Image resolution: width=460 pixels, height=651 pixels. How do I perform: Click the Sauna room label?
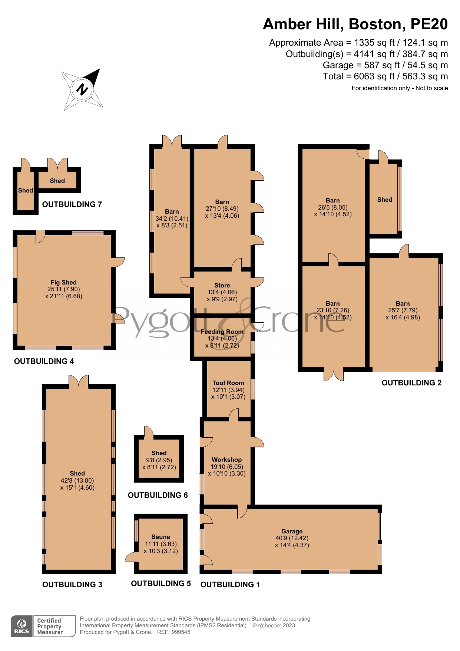(x=160, y=537)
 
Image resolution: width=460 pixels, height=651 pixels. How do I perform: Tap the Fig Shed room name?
(x=64, y=282)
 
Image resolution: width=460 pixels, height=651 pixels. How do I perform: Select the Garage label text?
(x=292, y=531)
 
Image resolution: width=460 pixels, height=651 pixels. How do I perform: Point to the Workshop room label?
(x=226, y=460)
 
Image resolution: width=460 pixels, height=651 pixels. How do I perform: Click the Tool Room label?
(x=228, y=383)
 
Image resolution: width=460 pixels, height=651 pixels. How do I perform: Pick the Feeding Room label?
(x=222, y=332)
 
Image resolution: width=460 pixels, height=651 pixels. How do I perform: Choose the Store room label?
(x=222, y=285)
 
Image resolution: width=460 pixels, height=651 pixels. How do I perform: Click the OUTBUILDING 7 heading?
(x=72, y=204)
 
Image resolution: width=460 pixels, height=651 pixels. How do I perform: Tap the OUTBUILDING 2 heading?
(x=411, y=383)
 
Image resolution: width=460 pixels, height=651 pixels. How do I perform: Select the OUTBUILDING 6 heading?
(x=158, y=495)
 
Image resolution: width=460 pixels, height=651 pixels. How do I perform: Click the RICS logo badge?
(x=22, y=626)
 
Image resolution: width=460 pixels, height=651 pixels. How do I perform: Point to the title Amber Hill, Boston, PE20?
(x=355, y=24)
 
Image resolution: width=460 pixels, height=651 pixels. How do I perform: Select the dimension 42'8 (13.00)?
(x=77, y=480)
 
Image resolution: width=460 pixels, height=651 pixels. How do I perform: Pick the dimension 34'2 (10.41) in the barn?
(x=172, y=218)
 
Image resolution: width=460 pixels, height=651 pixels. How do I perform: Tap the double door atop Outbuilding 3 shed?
(x=79, y=381)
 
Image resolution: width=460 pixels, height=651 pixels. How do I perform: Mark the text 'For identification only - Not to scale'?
(x=400, y=88)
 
